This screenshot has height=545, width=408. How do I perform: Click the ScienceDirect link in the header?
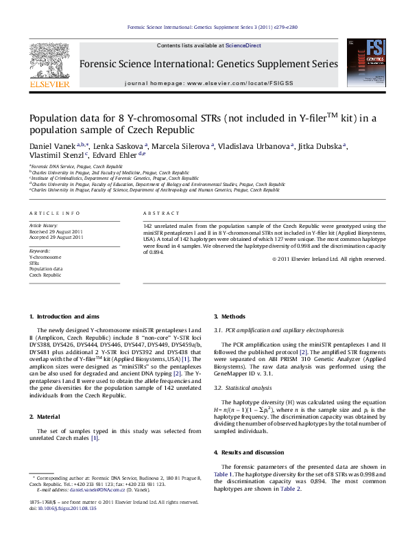(x=243, y=46)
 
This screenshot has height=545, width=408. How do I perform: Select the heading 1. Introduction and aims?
(x=65, y=316)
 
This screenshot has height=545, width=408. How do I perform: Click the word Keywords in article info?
(x=40, y=252)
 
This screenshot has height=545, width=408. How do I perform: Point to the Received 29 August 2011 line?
(x=56, y=231)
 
